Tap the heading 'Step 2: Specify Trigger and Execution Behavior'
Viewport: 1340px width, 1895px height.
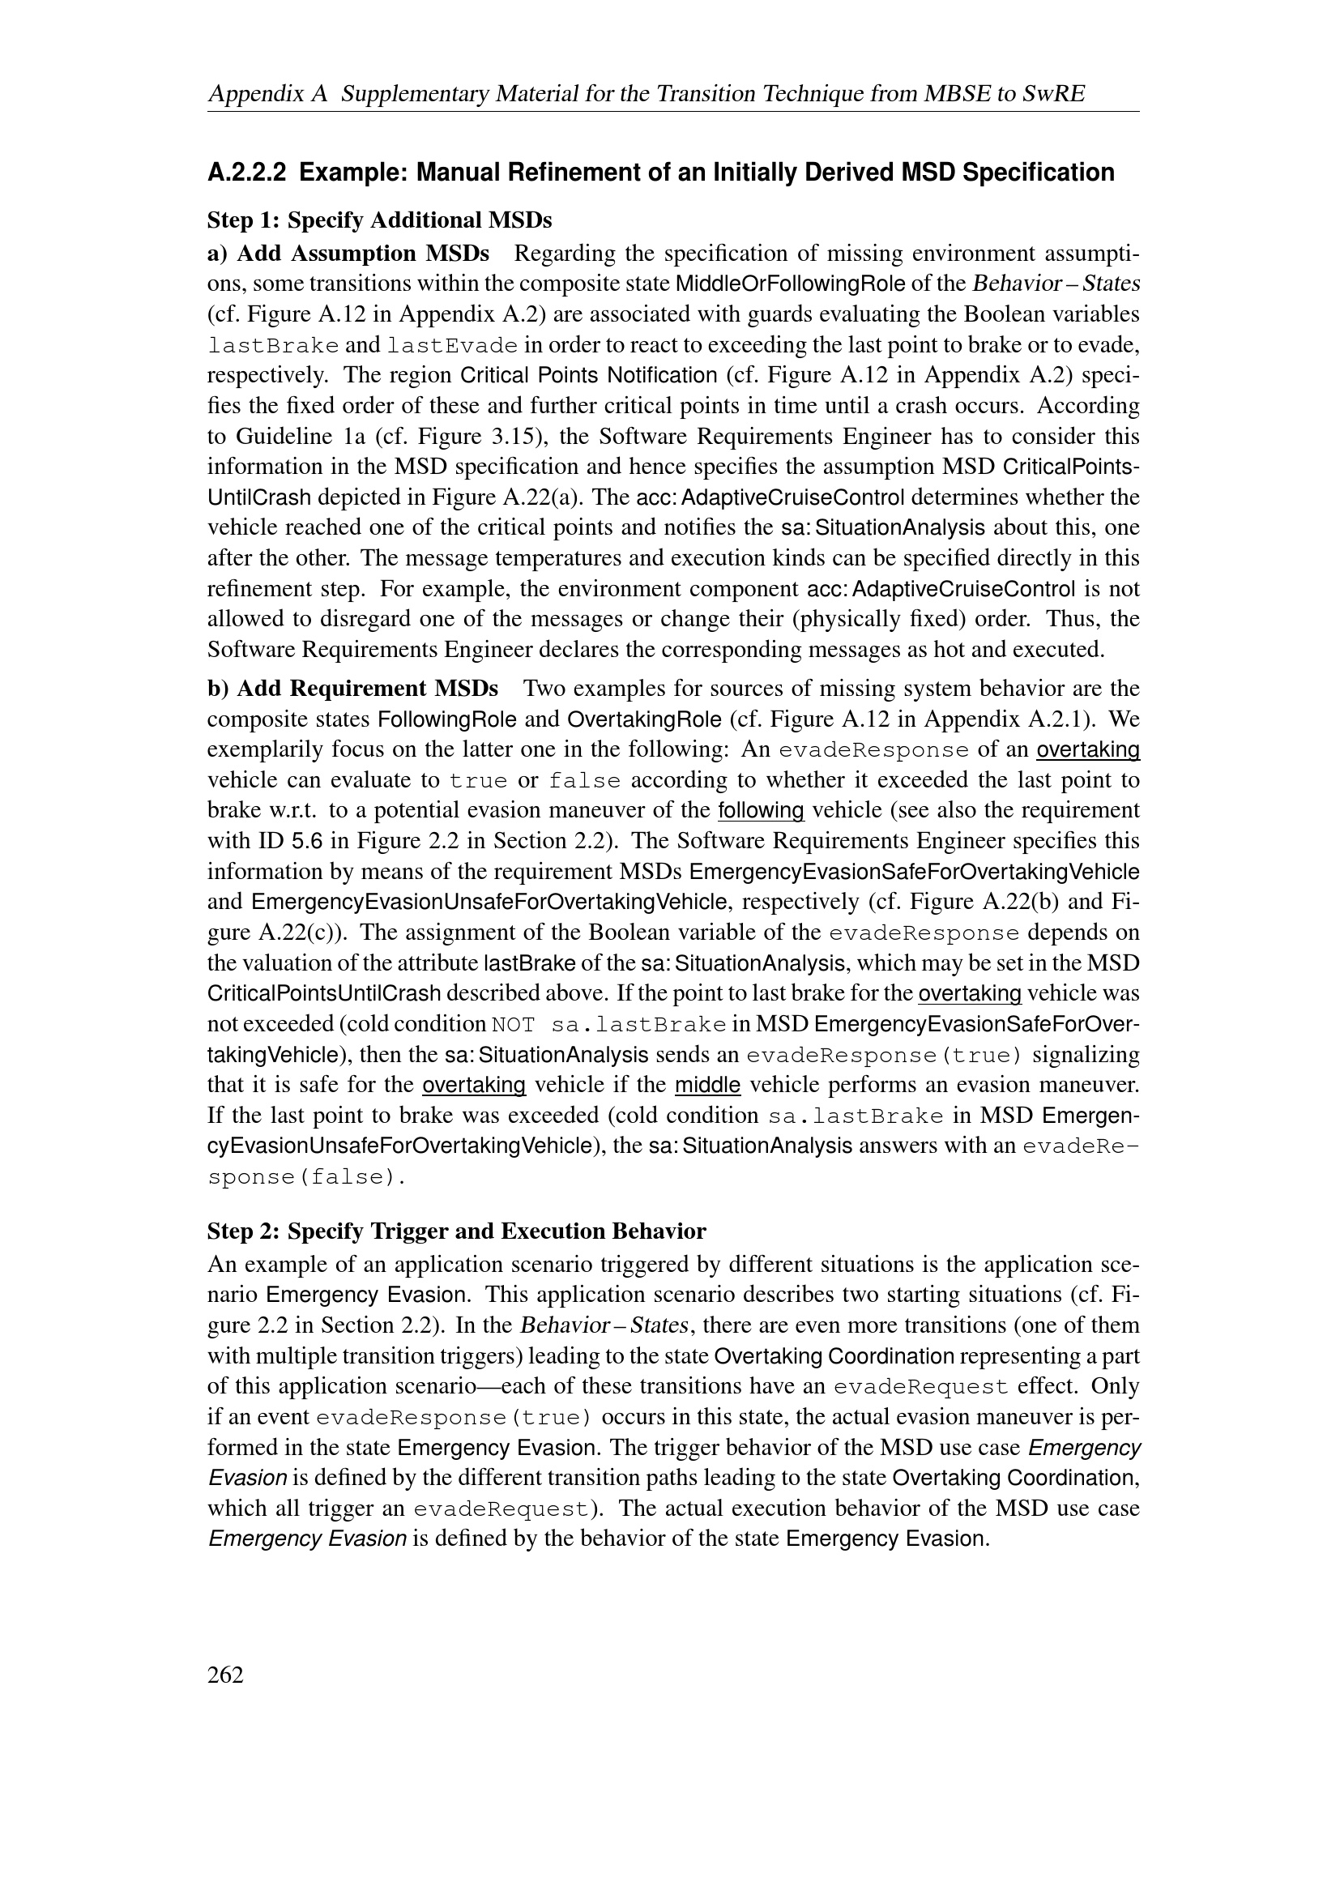(x=456, y=1231)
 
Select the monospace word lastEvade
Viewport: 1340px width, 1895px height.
(x=452, y=346)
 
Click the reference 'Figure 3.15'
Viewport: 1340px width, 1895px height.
(x=450, y=437)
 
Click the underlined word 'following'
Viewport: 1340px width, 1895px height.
(x=761, y=810)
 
